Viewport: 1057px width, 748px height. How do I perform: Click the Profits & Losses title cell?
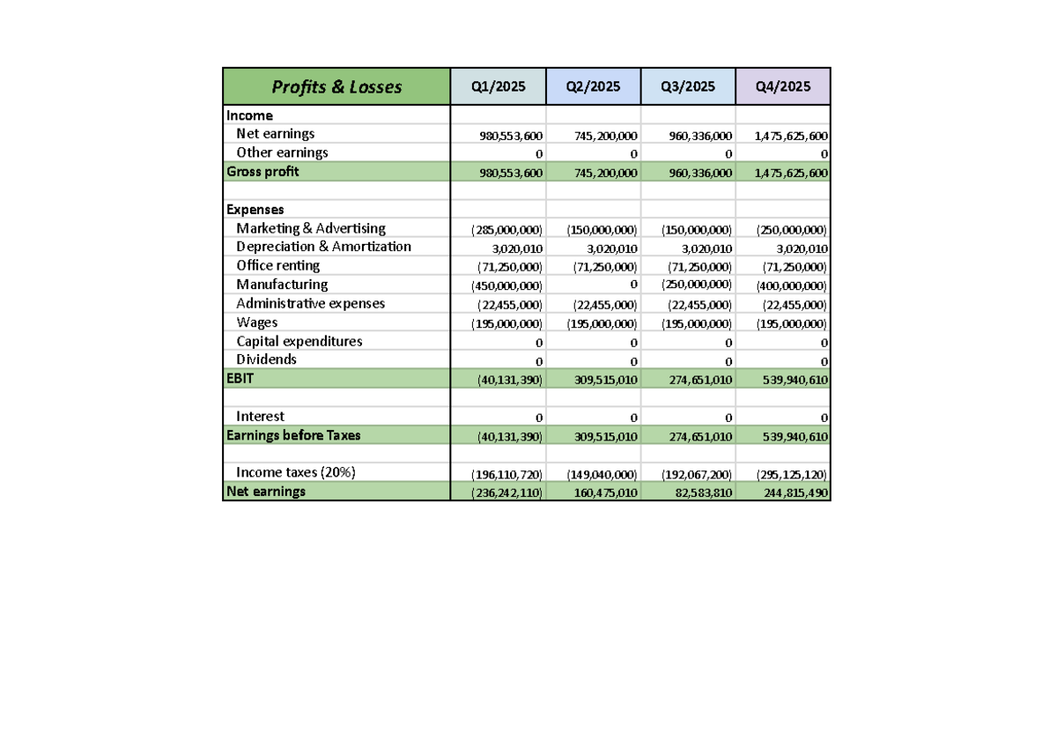coord(336,87)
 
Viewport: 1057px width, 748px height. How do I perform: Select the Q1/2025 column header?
coord(498,86)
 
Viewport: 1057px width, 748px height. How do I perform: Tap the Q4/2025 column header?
coord(783,86)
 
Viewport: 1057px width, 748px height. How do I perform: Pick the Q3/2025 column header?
coord(688,86)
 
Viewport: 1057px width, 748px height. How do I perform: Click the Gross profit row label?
coord(262,172)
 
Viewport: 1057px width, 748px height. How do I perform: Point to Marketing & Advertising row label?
coord(310,228)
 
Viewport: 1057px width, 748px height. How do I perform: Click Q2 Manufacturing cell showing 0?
coord(633,284)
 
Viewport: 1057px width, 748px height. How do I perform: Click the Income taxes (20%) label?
coord(295,472)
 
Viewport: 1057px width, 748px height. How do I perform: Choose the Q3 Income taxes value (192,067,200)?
coord(697,474)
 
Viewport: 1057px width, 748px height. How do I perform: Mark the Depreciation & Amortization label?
coord(323,247)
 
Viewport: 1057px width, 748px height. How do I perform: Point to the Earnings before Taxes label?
coord(293,435)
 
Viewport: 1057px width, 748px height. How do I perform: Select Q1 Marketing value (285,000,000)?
coord(506,230)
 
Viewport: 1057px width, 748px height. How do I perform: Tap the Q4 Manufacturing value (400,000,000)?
coord(791,286)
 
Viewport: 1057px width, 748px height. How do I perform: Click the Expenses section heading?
coord(255,210)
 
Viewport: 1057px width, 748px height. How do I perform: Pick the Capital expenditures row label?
coord(299,341)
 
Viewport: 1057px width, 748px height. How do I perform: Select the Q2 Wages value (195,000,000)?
coord(602,324)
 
